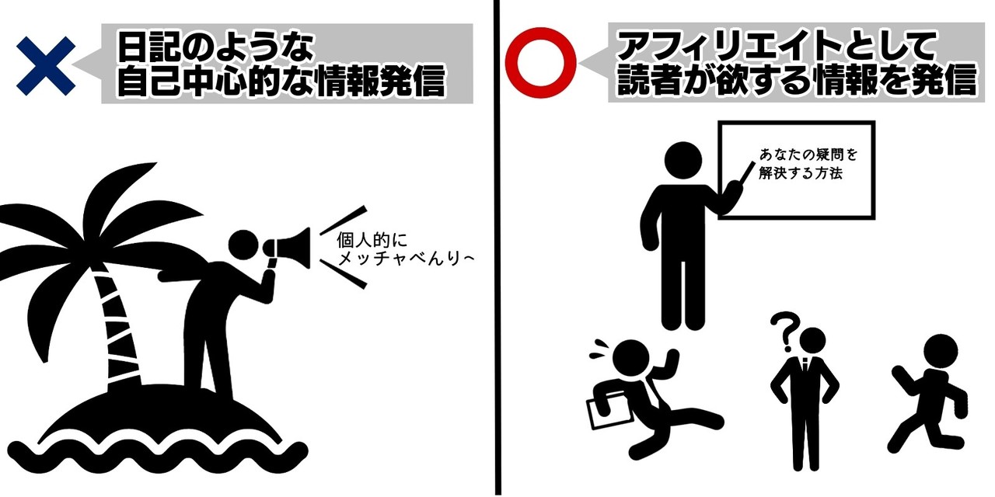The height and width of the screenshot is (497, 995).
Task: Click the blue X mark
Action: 46,66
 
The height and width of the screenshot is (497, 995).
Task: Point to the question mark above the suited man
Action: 785,332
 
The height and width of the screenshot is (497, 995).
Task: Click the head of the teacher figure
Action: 683,161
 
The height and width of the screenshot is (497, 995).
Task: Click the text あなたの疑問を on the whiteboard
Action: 808,155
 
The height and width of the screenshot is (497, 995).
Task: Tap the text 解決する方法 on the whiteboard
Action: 801,172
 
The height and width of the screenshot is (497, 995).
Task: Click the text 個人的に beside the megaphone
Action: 372,240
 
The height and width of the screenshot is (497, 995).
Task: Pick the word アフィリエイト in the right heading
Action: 728,46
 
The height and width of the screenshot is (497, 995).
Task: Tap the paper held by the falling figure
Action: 609,412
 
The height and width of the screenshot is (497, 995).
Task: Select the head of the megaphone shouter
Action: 243,245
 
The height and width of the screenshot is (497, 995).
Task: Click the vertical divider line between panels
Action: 497,248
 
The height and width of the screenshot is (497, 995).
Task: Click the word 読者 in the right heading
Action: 650,80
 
